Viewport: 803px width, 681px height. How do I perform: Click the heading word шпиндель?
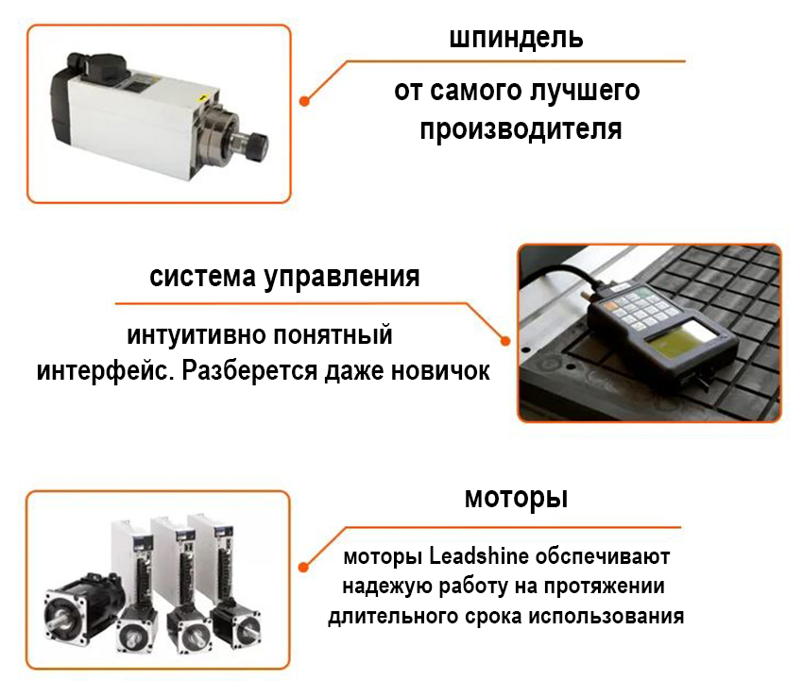coord(516,38)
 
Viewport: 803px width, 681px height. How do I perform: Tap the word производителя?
coord(521,129)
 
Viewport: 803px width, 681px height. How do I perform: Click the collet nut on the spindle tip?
coord(258,144)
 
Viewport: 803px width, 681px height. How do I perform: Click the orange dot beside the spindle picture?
coord(304,101)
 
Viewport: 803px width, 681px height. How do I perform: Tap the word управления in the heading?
coord(342,278)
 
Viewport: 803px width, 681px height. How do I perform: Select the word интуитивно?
coord(196,336)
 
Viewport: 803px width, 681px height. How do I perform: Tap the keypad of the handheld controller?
coord(636,306)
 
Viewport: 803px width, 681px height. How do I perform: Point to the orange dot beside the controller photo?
coord(505,341)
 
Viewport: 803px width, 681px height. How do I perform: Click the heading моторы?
coord(516,498)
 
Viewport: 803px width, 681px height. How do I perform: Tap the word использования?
coord(607,616)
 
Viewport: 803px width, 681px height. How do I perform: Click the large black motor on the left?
coord(82,608)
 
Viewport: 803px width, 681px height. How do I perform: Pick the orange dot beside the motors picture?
coord(303,567)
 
